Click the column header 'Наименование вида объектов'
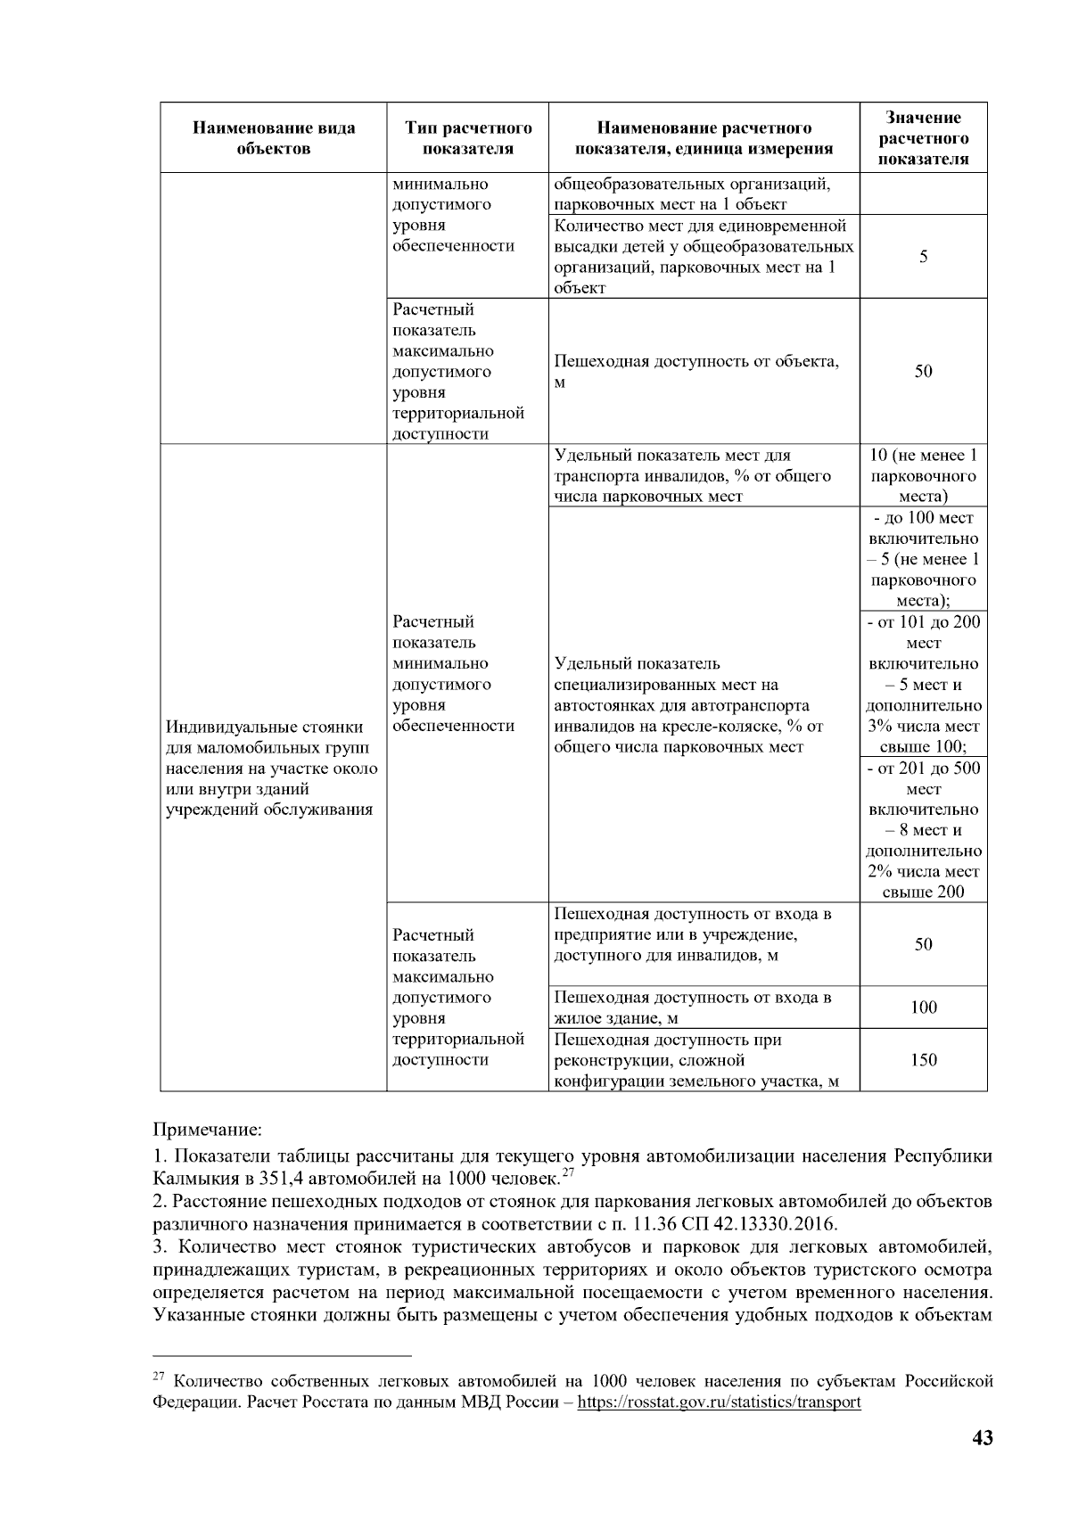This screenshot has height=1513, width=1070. (x=273, y=137)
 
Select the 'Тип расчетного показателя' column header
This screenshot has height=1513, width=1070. (x=467, y=137)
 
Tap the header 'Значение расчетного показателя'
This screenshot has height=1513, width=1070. (x=923, y=137)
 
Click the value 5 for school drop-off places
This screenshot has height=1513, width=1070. (x=923, y=257)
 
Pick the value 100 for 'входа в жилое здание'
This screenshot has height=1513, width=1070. (x=923, y=1007)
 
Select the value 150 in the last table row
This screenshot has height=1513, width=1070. (x=923, y=1060)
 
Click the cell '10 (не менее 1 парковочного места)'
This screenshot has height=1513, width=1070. (x=923, y=476)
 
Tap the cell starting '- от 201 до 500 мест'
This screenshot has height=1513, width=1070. (x=923, y=829)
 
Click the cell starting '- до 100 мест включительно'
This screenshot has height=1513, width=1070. (x=923, y=559)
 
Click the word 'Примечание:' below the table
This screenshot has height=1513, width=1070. (x=208, y=1131)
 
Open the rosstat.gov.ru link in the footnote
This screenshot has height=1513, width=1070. (x=719, y=1402)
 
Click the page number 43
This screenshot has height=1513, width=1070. (x=982, y=1438)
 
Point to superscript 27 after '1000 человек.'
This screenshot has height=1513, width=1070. (x=566, y=1172)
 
